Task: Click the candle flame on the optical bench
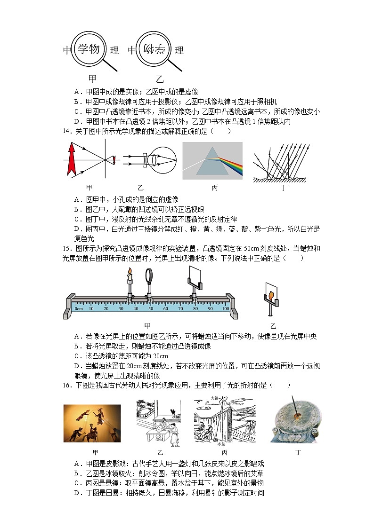(x=130, y=271)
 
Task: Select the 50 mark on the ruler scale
(x=151, y=308)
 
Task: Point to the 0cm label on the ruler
(x=79, y=308)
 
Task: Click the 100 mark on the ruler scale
(x=226, y=308)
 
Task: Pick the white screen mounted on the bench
(x=194, y=274)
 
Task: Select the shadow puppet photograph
(x=92, y=423)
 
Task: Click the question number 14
(x=67, y=131)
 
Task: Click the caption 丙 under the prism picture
(x=215, y=188)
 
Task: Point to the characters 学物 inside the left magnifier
(x=89, y=48)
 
